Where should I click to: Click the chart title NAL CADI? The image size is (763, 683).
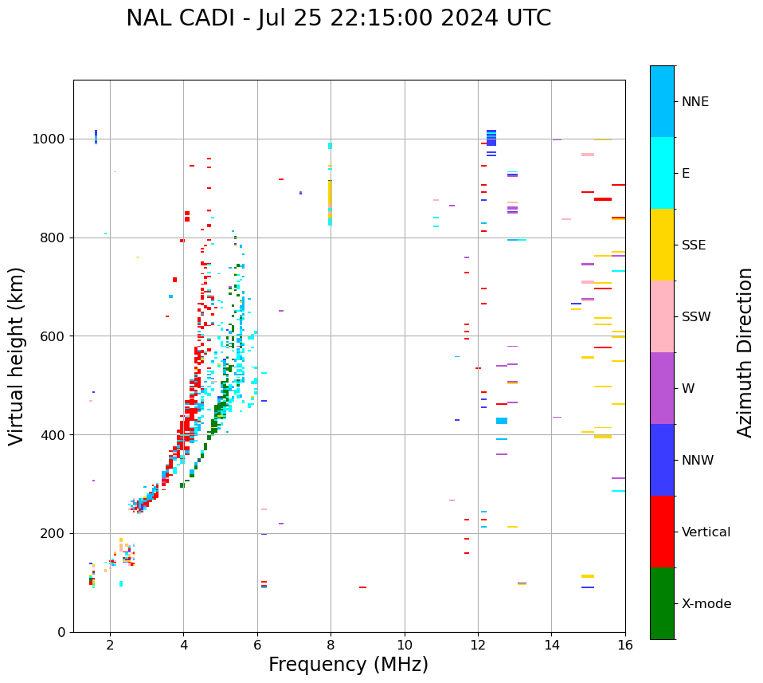182,18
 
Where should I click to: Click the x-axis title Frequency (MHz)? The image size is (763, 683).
348,665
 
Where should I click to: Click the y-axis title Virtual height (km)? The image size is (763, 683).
17,356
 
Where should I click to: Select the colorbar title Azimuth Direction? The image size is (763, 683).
745,352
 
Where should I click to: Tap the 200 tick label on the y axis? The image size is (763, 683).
54,533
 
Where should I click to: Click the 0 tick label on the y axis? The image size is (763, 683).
62,632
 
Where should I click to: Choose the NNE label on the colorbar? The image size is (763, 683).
695,102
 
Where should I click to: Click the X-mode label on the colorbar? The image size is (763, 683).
706,604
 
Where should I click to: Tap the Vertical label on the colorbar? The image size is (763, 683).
706,532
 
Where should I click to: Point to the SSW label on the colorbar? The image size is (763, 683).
696,317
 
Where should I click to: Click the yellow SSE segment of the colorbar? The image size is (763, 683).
662,245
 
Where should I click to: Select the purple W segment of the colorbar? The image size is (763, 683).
662,388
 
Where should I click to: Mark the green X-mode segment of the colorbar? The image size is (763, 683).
662,603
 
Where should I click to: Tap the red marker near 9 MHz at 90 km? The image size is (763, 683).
362,587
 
